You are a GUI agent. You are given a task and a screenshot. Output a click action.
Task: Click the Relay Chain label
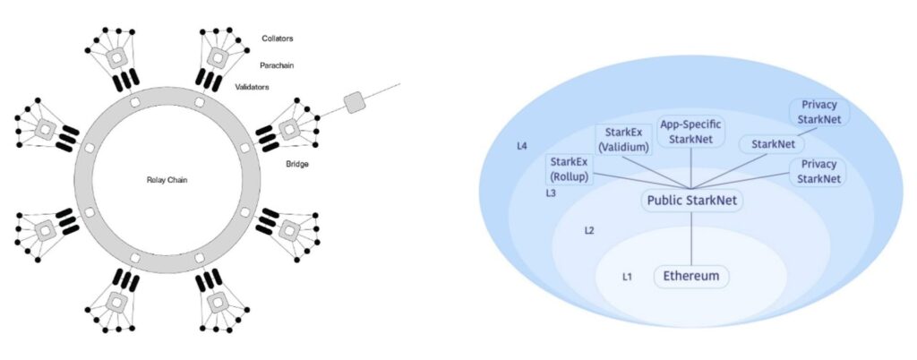tap(167, 180)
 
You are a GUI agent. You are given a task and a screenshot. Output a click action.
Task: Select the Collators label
tap(278, 39)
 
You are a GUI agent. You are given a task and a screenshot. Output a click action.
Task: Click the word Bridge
tap(296, 164)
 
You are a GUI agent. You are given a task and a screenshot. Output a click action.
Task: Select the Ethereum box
tap(691, 276)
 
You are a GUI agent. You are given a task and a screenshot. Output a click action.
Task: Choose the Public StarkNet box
tap(691, 201)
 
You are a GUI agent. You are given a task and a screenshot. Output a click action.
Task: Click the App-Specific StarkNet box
tap(690, 133)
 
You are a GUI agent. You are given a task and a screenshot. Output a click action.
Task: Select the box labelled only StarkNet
tap(772, 143)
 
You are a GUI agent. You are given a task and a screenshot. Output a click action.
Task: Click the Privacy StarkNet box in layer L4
tap(819, 112)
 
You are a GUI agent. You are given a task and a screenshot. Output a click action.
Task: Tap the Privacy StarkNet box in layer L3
tap(818, 171)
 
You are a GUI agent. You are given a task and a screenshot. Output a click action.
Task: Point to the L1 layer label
tap(628, 276)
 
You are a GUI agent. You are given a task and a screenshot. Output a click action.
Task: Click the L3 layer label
tap(552, 193)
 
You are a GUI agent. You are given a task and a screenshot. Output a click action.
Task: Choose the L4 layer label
tap(522, 145)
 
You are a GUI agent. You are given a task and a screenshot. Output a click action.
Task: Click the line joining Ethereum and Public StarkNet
tap(691, 238)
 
